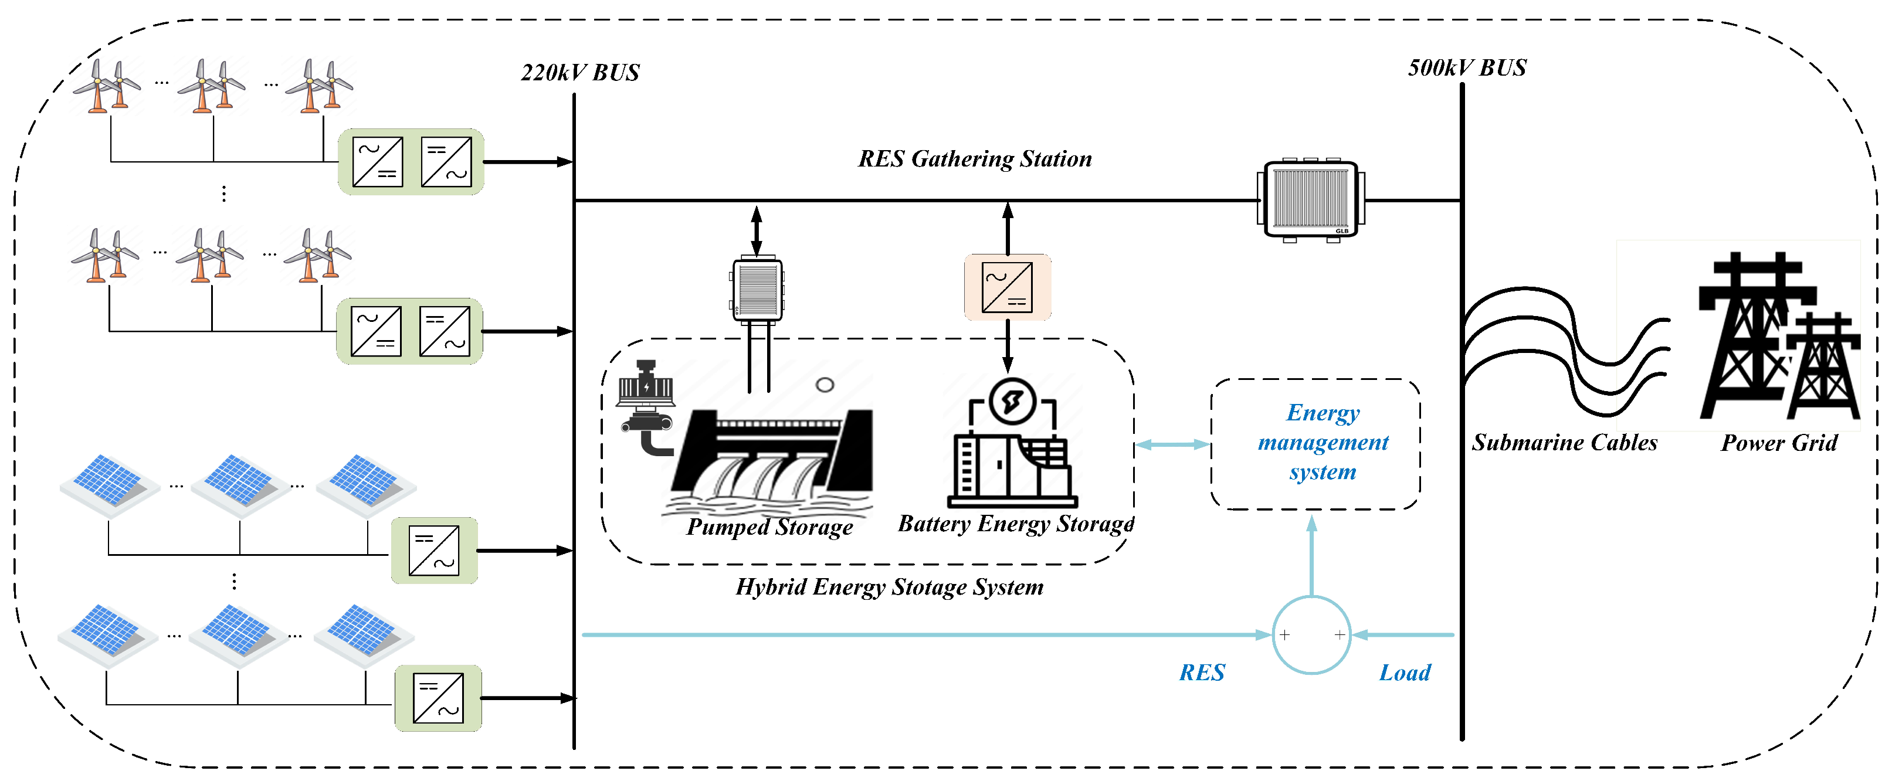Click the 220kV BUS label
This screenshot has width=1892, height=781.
(x=580, y=73)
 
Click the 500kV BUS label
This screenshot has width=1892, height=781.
(x=1467, y=67)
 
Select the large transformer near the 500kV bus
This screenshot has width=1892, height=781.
(x=1311, y=200)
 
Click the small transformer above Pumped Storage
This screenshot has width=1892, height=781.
(x=757, y=290)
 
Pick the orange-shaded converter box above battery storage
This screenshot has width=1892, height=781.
(x=1007, y=287)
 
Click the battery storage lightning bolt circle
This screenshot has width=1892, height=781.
(x=1012, y=402)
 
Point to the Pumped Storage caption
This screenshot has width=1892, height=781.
(x=769, y=527)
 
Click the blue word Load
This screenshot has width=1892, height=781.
(x=1404, y=673)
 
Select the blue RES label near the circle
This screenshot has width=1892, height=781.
(x=1202, y=673)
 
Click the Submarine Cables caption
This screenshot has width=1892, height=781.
(x=1564, y=443)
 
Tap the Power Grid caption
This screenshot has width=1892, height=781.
(x=1779, y=443)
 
